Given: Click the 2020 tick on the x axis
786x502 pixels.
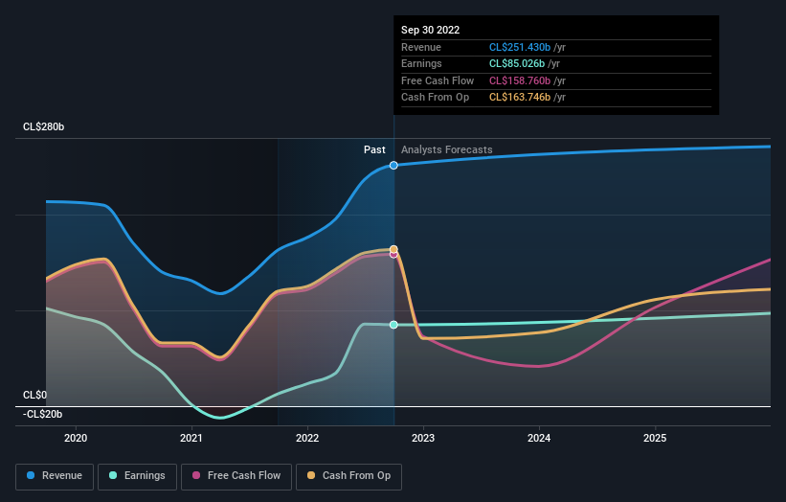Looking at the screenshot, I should [x=76, y=439].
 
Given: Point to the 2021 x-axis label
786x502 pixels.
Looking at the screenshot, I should [x=191, y=439].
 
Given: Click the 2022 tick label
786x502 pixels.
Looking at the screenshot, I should [x=307, y=439].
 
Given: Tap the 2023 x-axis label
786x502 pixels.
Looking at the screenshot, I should [x=423, y=439].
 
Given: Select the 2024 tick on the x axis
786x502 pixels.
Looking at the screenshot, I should [x=539, y=439].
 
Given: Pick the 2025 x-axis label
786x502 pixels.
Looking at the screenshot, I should [x=655, y=439].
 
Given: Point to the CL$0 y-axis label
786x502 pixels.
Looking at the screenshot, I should [x=35, y=395].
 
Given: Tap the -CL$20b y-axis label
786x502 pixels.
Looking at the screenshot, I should [x=42, y=414].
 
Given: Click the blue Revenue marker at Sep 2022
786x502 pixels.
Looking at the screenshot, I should [x=393, y=166].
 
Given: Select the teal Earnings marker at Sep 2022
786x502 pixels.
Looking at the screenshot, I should [x=393, y=325].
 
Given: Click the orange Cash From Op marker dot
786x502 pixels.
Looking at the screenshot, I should [x=393, y=249].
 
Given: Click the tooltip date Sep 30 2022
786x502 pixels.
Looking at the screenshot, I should [x=430, y=30].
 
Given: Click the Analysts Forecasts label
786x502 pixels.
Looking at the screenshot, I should [x=446, y=149].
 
